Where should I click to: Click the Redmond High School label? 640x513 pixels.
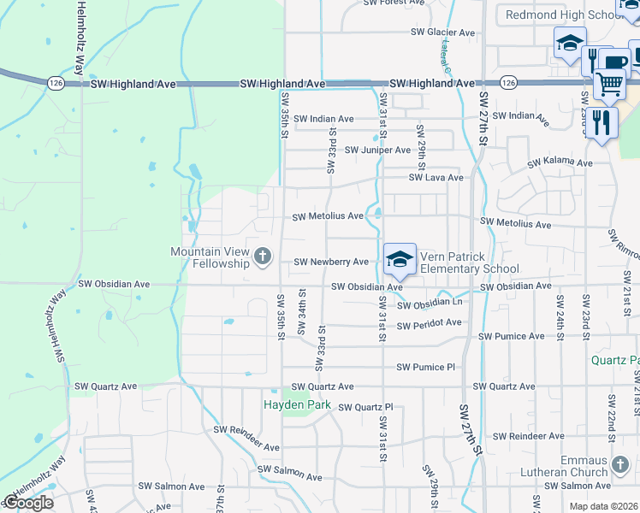pyautogui.click(x=556, y=15)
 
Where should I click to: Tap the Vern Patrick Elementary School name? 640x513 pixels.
pyautogui.click(x=469, y=262)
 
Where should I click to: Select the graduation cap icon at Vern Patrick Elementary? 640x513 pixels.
pyautogui.click(x=399, y=259)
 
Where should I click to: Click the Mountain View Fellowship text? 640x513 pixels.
pyautogui.click(x=210, y=256)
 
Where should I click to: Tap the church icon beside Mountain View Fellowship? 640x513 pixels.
pyautogui.click(x=262, y=256)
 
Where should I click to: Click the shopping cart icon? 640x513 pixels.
pyautogui.click(x=609, y=84)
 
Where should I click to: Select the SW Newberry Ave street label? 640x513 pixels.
pyautogui.click(x=331, y=262)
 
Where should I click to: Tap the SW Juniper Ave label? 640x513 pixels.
pyautogui.click(x=378, y=150)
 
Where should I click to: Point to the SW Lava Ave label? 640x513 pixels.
pyautogui.click(x=436, y=178)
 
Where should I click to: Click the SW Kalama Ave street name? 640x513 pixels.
pyautogui.click(x=560, y=162)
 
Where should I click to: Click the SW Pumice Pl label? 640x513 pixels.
pyautogui.click(x=425, y=368)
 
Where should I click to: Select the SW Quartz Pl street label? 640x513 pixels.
pyautogui.click(x=364, y=407)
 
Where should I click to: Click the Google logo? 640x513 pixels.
pyautogui.click(x=29, y=503)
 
